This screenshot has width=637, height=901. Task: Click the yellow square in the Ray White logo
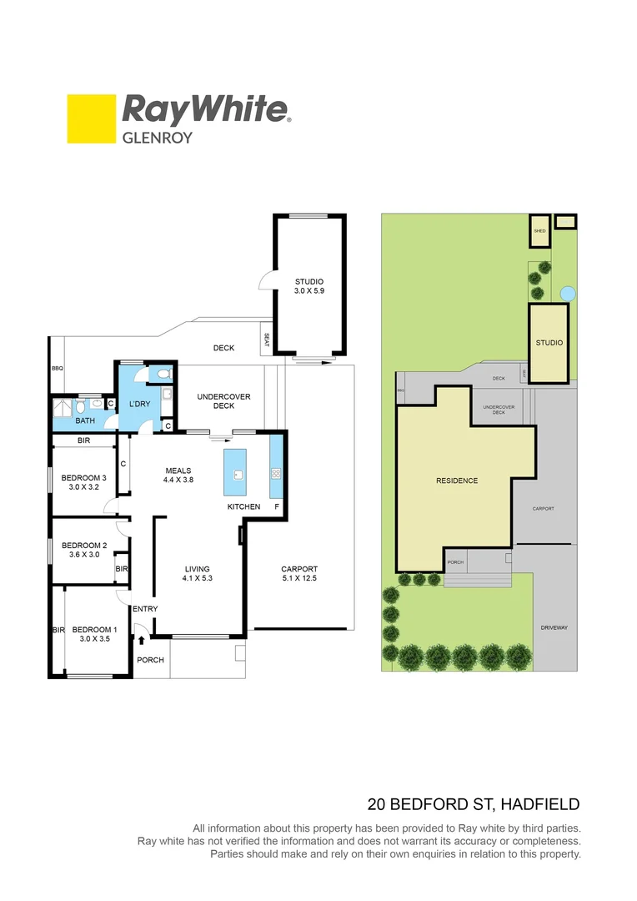(91, 118)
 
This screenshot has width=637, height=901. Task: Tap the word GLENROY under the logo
(158, 138)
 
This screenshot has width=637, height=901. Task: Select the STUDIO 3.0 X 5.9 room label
(308, 287)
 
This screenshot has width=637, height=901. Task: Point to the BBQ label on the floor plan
(57, 368)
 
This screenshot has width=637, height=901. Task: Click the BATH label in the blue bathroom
(85, 421)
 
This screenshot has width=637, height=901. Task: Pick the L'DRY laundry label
(138, 405)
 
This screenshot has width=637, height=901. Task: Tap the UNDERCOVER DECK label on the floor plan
(223, 401)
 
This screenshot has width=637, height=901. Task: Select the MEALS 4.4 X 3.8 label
(178, 476)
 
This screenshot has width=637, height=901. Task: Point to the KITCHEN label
(243, 507)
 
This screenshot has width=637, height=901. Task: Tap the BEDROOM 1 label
(94, 634)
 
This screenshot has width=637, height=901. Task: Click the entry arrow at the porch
(142, 641)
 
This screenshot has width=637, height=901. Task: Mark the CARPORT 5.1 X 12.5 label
(298, 574)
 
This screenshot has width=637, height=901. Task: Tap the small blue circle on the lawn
(568, 294)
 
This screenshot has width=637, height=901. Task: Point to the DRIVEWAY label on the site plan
(554, 627)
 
